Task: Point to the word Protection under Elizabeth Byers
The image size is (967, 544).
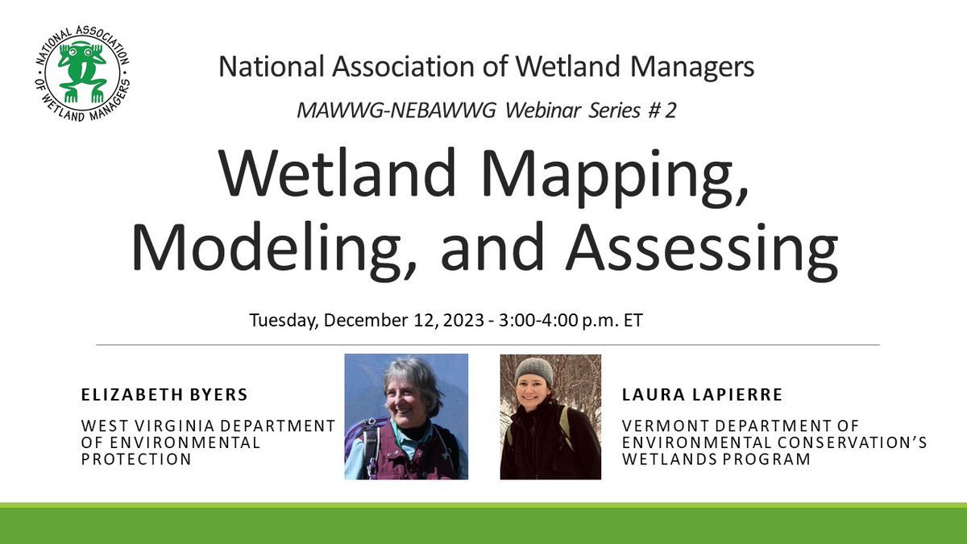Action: [136, 459]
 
